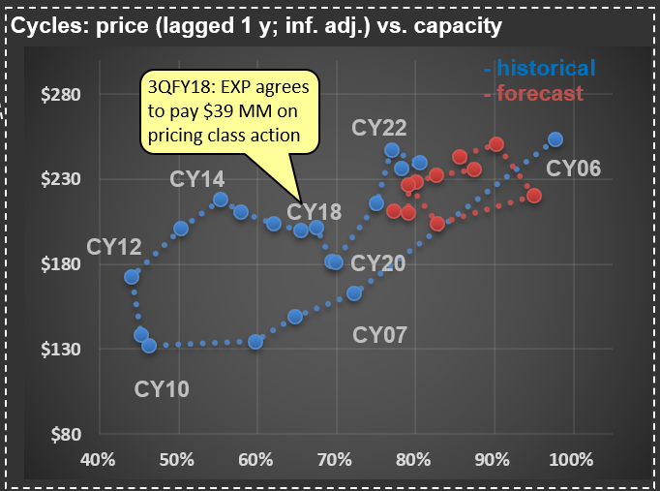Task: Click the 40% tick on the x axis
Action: (101, 458)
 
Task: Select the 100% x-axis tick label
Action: (571, 458)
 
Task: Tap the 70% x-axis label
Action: (336, 458)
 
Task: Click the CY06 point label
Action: (573, 169)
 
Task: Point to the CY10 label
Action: (162, 389)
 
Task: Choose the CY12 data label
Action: (114, 247)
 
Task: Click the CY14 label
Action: (197, 179)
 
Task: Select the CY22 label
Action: (379, 128)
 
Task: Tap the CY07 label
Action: (379, 335)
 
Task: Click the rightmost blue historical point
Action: (555, 139)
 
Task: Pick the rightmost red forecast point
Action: (533, 196)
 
